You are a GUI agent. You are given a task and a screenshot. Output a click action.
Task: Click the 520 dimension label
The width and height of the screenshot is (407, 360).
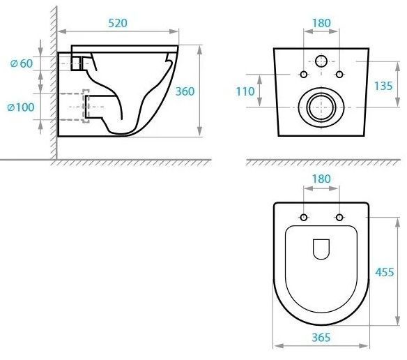[118, 23]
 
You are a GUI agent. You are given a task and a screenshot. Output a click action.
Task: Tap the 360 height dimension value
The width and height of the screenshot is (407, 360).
[185, 91]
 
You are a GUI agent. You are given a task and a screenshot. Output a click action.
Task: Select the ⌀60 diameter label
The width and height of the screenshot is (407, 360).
[22, 63]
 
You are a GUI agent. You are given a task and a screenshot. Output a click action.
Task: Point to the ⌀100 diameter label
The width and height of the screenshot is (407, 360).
[21, 107]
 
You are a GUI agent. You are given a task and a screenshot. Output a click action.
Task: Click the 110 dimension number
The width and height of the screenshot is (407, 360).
[245, 91]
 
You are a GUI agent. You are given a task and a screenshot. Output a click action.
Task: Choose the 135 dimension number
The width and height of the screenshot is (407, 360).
[383, 86]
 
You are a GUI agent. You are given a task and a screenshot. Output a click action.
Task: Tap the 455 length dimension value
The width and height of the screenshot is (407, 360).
[385, 272]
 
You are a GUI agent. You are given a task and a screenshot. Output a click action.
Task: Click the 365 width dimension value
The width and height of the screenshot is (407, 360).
[321, 338]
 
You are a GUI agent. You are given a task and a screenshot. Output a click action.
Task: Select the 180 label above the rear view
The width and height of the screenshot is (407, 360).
[321, 23]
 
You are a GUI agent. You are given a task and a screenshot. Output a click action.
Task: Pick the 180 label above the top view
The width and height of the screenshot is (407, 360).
[321, 179]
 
